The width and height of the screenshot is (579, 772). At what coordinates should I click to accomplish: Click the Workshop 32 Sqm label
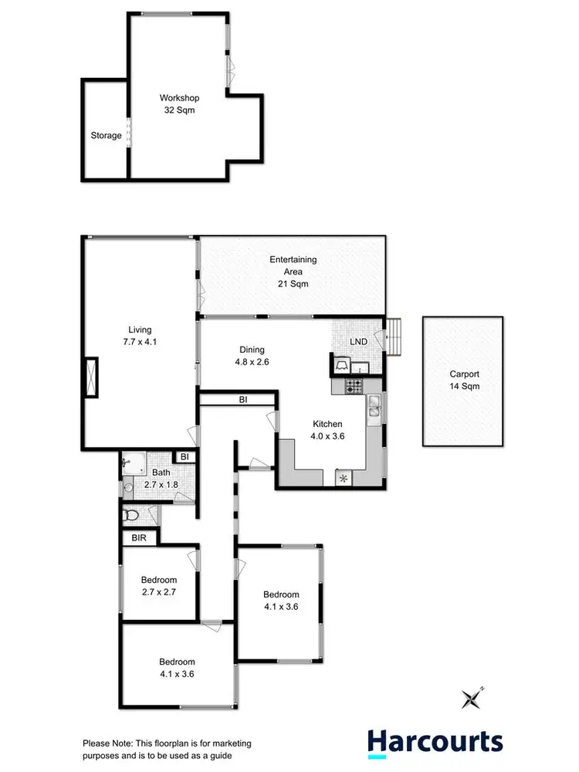[179, 104]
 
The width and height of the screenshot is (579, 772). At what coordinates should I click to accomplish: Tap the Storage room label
[106, 136]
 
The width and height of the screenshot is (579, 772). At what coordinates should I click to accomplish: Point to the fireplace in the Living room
[93, 378]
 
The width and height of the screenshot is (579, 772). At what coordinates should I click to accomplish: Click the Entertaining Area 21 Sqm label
[293, 272]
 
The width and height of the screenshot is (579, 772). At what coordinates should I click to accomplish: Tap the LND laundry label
[358, 342]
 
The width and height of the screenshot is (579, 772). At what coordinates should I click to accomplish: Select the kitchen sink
[374, 407]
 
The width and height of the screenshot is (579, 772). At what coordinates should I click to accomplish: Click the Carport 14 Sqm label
[464, 380]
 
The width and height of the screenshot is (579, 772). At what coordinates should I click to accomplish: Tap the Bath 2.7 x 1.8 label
[161, 479]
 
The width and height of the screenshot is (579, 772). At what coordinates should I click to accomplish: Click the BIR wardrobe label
[140, 537]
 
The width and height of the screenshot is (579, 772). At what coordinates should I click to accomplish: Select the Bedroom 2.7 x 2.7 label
[159, 587]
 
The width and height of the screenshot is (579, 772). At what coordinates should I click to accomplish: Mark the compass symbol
[472, 698]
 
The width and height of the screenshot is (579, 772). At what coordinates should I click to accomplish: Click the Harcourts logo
[435, 742]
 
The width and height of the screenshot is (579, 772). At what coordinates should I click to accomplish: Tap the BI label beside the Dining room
[242, 400]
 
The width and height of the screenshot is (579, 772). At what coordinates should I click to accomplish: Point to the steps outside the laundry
[394, 337]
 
